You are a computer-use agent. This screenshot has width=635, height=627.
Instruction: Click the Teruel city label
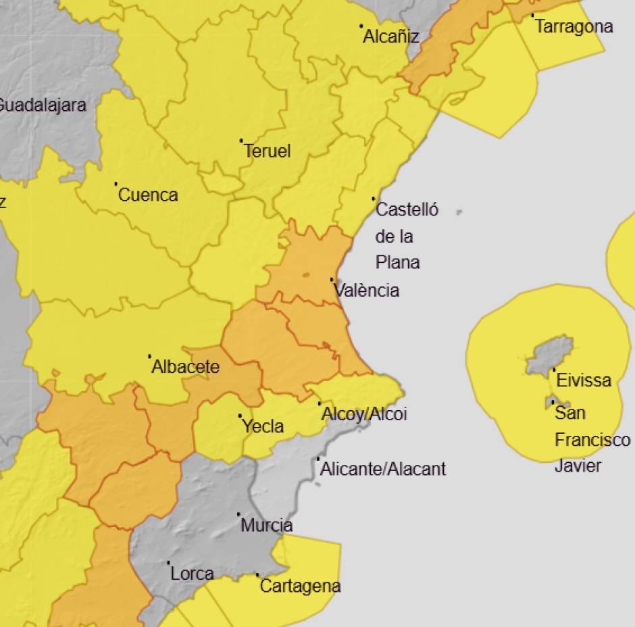click(267, 151)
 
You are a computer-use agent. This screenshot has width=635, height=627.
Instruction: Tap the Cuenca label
click(148, 195)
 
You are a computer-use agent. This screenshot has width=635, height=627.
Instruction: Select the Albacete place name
click(186, 367)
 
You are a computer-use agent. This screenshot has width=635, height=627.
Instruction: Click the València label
click(367, 291)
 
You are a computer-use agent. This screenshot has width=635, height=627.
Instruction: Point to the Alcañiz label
click(391, 37)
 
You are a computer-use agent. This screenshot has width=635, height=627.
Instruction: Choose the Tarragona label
click(574, 26)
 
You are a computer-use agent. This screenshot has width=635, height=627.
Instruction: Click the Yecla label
click(263, 426)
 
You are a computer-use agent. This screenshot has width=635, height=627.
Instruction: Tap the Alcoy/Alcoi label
click(365, 414)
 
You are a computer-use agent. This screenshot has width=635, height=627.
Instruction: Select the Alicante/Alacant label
click(383, 468)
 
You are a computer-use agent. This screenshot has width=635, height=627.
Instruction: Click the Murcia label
click(267, 525)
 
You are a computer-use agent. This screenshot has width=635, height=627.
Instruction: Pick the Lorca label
click(192, 574)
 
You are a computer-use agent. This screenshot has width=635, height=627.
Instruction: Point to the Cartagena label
click(300, 586)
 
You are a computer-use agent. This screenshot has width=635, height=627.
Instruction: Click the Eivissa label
click(584, 380)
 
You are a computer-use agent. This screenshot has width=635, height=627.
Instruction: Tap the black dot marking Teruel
click(241, 141)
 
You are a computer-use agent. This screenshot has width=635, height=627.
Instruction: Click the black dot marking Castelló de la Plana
click(374, 199)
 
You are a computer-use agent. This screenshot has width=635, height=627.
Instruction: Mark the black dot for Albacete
click(149, 356)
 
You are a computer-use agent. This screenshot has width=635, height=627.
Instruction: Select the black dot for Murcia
click(238, 514)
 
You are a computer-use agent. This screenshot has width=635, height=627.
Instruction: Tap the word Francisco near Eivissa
click(592, 440)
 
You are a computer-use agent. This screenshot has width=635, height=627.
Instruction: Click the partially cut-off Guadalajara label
click(42, 105)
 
